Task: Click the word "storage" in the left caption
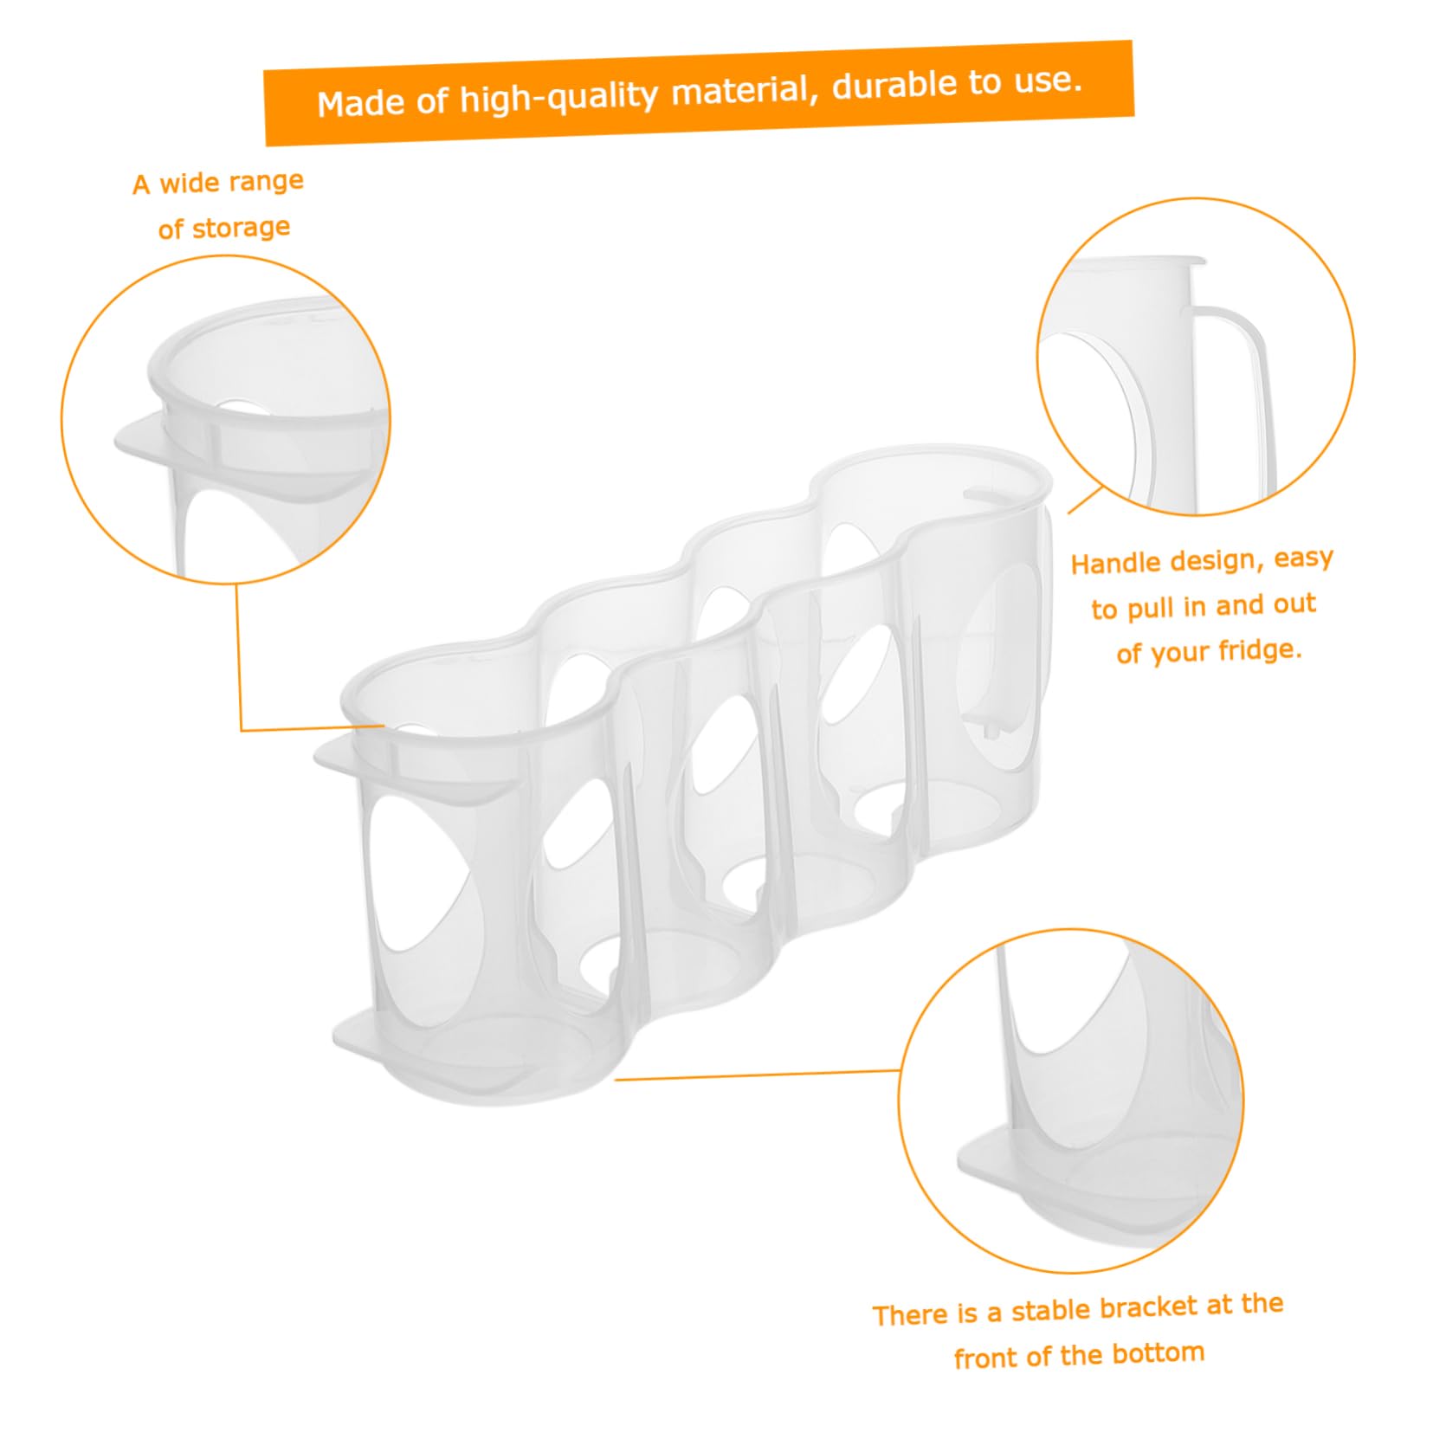(240, 229)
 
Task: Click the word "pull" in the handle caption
(1157, 608)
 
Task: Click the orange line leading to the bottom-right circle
(757, 1075)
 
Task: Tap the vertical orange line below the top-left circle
(239, 656)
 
